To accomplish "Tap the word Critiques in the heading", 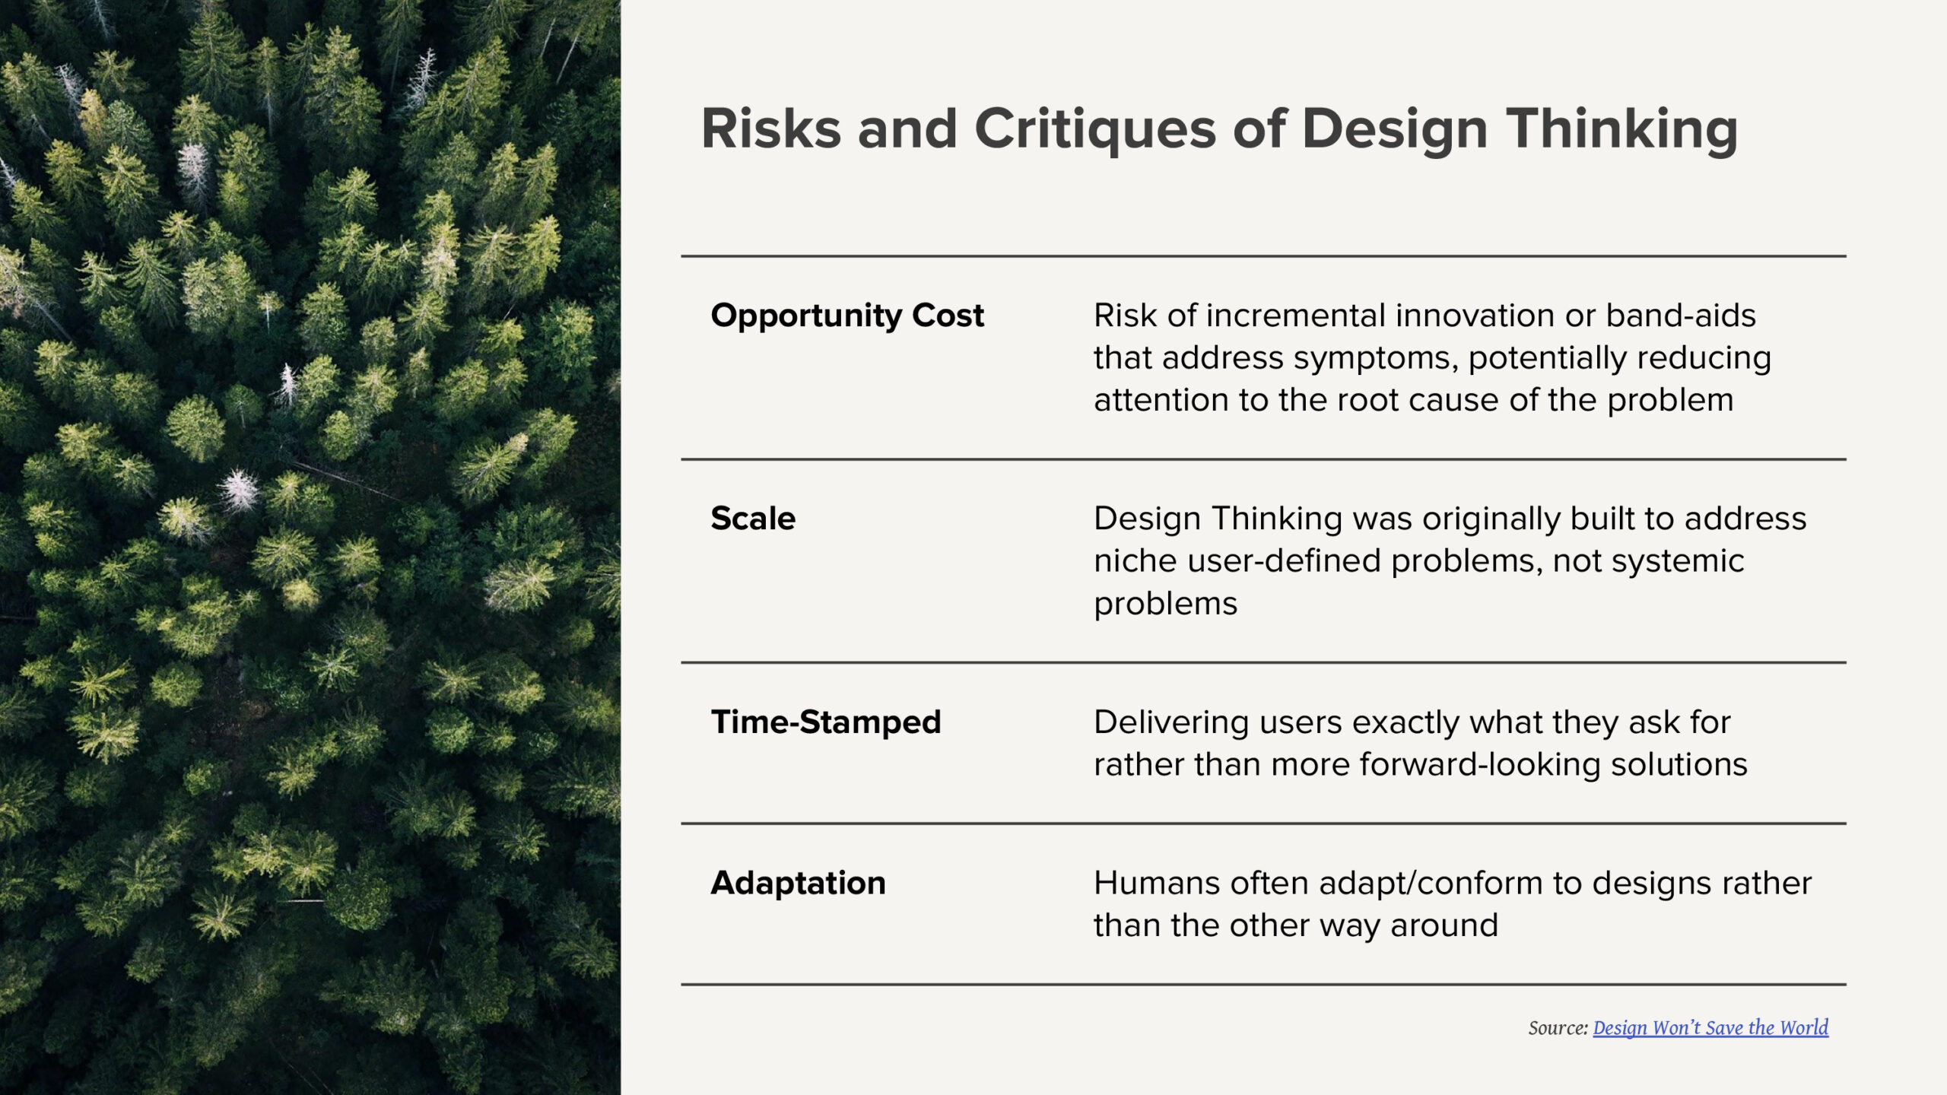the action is pos(1096,130).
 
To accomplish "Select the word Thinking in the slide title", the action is pos(1622,130).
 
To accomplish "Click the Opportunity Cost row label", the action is pos(847,316).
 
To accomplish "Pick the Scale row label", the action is pos(753,519).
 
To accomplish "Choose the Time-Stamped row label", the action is pos(826,722).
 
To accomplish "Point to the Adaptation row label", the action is pos(798,884).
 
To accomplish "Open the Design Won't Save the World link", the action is pos(1710,1028).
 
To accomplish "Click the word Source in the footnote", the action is pos(1558,1028).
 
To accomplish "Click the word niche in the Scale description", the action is pos(1135,561).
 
